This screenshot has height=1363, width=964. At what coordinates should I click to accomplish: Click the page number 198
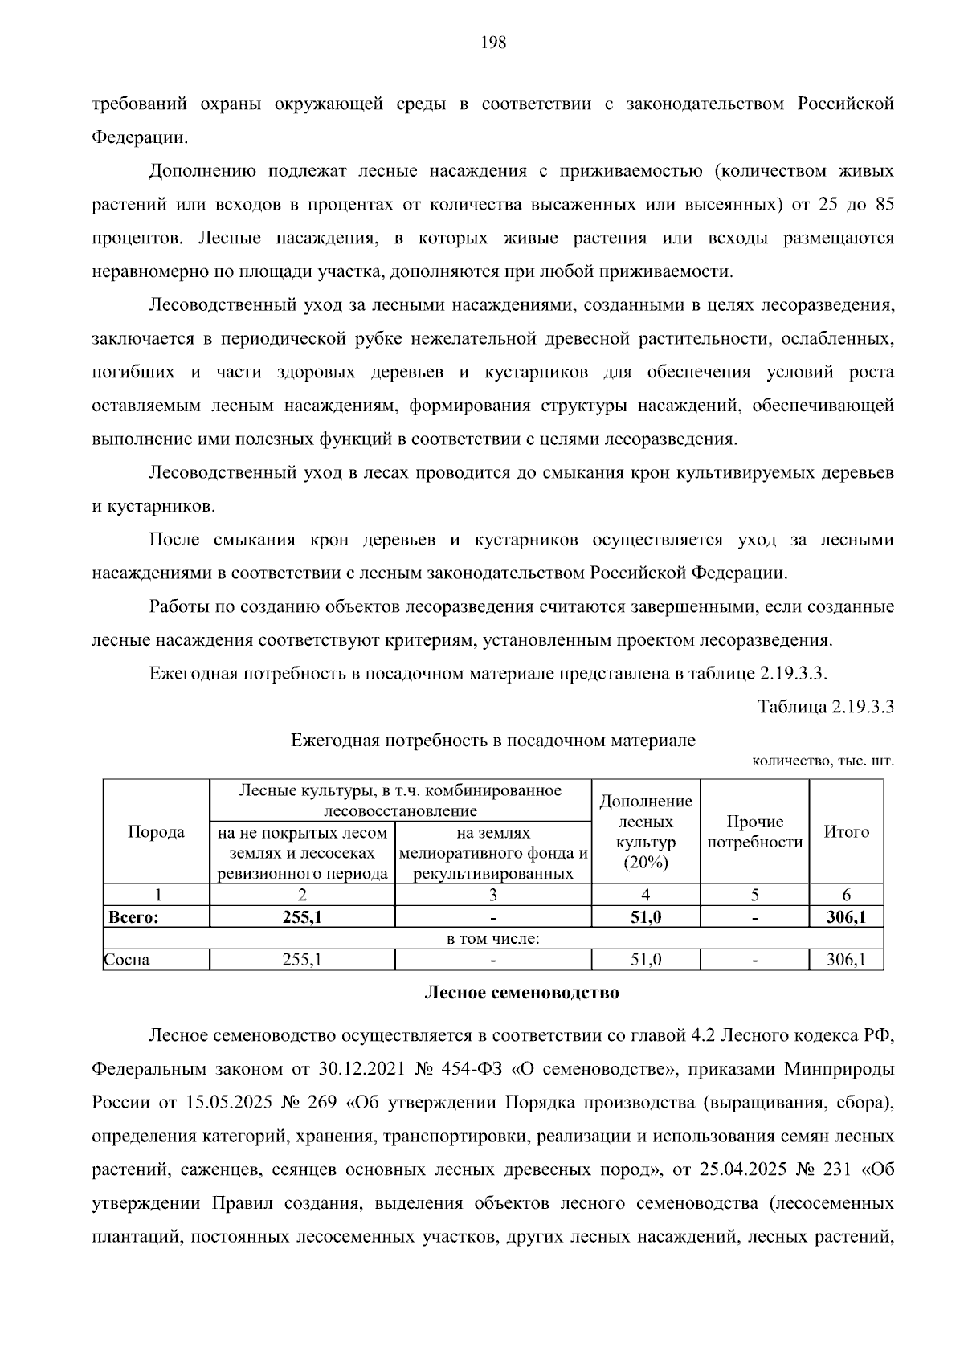(493, 43)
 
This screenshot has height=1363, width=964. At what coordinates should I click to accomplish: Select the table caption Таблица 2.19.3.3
(826, 707)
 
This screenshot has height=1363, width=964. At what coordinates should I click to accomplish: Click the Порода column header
(156, 832)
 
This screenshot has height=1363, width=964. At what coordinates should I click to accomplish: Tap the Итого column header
(846, 832)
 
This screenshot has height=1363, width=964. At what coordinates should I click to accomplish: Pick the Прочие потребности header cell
(754, 832)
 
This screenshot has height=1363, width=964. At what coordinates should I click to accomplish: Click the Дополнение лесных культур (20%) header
(646, 832)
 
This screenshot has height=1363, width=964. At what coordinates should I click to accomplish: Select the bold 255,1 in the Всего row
(302, 917)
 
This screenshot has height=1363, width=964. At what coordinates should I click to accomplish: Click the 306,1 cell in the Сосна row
(846, 959)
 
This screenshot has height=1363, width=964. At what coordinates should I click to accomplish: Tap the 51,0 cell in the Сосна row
(646, 959)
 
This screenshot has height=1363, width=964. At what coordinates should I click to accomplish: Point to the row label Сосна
(127, 959)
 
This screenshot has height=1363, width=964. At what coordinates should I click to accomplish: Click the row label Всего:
(133, 917)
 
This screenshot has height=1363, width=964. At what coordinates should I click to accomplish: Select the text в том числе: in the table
(493, 938)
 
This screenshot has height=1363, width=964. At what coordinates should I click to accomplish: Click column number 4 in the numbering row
(646, 895)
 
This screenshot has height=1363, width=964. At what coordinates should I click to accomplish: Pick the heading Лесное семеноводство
(521, 993)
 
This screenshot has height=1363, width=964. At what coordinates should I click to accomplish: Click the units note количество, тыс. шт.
(823, 761)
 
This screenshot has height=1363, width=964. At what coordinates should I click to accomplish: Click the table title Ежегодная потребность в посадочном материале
(492, 741)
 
